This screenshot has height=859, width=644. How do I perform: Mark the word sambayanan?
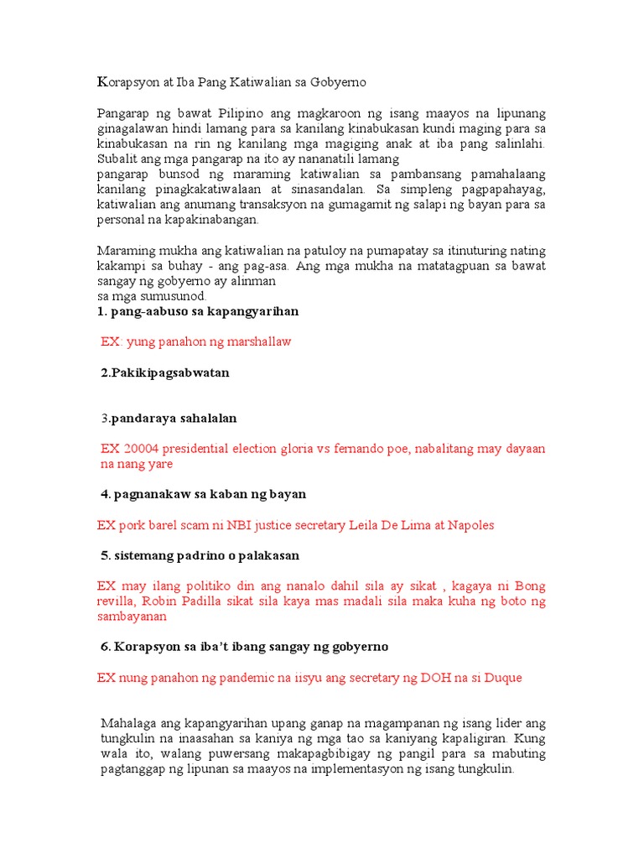(132, 616)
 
